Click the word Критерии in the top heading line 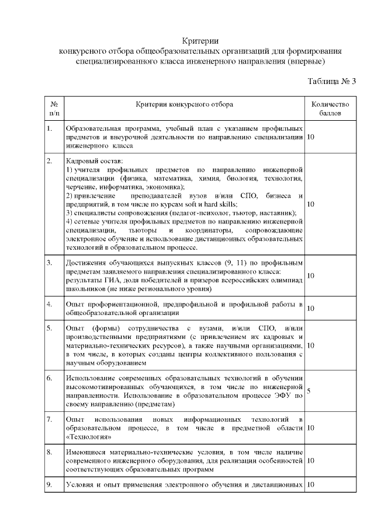[x=200, y=40]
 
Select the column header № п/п [x=54, y=108]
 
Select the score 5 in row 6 [x=308, y=391]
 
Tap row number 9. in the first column [x=50, y=484]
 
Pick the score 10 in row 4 [x=310, y=308]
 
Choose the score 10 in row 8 [x=310, y=460]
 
